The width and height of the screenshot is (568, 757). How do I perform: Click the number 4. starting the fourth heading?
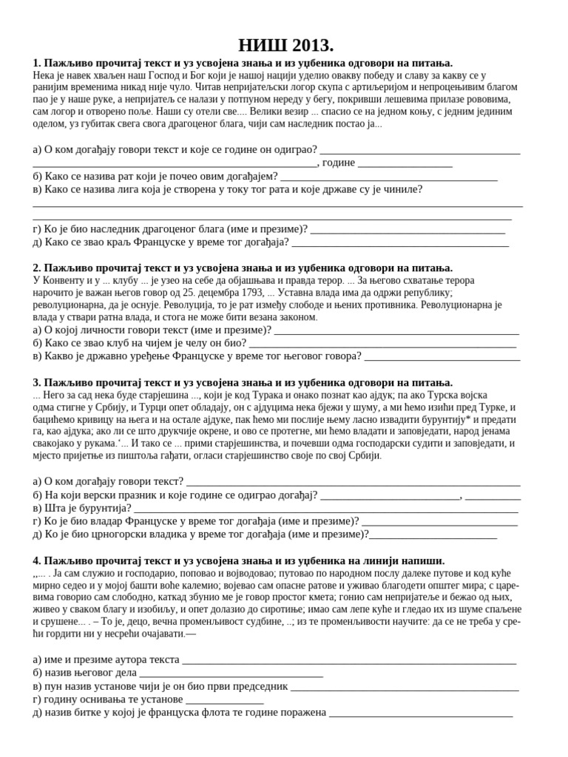(38, 561)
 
